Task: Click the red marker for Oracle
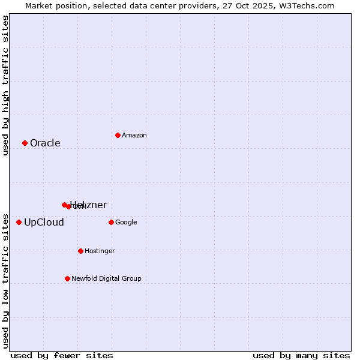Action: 25,143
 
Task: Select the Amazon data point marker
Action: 118,135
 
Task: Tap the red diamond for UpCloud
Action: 19,222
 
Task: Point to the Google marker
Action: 111,222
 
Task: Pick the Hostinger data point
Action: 80,251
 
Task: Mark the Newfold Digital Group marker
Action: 67,278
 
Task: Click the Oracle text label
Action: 45,143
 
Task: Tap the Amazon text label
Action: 134,135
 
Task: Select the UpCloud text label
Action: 44,222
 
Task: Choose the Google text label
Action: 126,222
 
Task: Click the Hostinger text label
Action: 100,251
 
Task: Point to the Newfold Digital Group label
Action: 106,278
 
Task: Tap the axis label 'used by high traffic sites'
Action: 5,85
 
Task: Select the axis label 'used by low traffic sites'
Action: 5,280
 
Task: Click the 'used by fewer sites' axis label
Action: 62,355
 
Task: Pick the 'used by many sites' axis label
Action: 301,355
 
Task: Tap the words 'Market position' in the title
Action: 53,5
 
